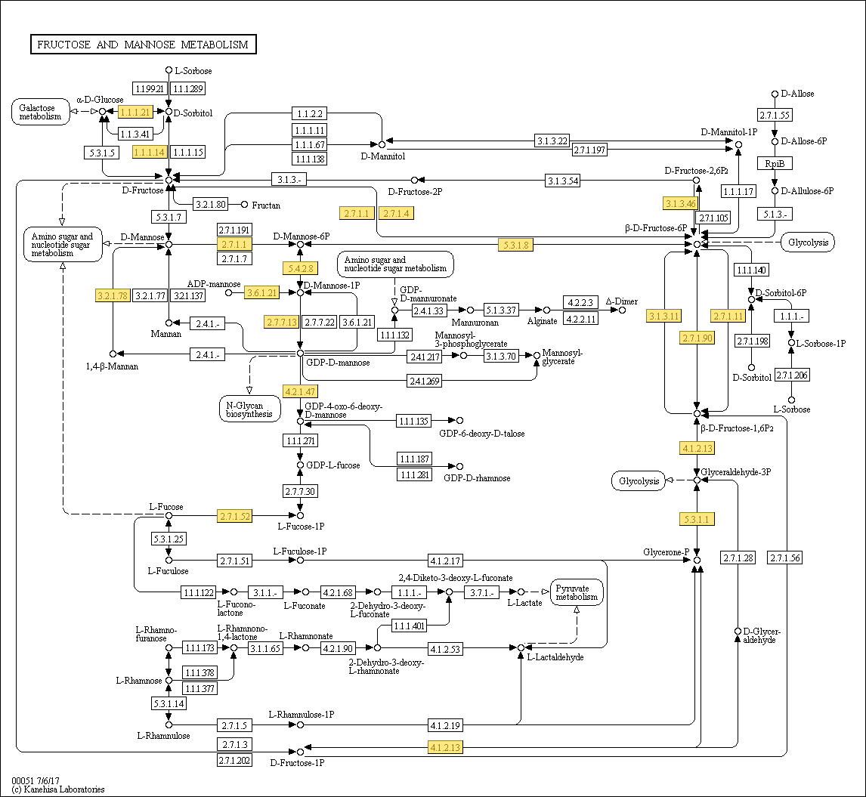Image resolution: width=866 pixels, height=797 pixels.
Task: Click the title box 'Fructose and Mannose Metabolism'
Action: tap(143, 44)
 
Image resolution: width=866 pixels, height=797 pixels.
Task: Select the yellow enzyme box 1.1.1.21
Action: tap(135, 112)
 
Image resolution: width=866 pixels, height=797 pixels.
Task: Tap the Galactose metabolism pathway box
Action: tap(40, 112)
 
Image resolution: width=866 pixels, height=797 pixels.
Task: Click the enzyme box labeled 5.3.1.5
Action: tap(101, 153)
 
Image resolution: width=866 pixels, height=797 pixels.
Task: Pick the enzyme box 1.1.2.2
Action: tap(309, 114)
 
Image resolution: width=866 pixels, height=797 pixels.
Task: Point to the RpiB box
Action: tap(775, 163)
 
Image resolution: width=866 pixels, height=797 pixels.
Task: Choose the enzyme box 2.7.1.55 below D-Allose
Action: tap(775, 115)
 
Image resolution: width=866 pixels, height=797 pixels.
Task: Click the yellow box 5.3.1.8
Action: tap(516, 245)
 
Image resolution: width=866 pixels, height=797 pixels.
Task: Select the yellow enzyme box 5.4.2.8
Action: tap(300, 268)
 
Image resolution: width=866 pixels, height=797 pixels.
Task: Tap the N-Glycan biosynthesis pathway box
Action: tap(249, 409)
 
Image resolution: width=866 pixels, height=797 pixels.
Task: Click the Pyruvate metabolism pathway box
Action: tap(577, 592)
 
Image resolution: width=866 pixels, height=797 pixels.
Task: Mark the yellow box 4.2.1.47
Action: tap(300, 391)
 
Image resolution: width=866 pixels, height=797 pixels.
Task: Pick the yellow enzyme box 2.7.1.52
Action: tap(235, 517)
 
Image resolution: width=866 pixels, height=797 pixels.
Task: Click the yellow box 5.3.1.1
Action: tap(697, 519)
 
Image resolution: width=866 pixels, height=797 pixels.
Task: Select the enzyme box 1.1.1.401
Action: tap(409, 626)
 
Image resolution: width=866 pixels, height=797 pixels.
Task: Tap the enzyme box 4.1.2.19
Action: tap(445, 724)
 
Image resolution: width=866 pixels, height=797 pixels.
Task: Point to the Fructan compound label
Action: tap(266, 205)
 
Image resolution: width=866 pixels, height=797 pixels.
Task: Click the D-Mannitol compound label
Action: tap(382, 156)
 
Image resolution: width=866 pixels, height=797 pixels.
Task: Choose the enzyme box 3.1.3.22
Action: tap(552, 141)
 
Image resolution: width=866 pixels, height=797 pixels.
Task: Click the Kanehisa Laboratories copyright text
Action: tap(58, 789)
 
